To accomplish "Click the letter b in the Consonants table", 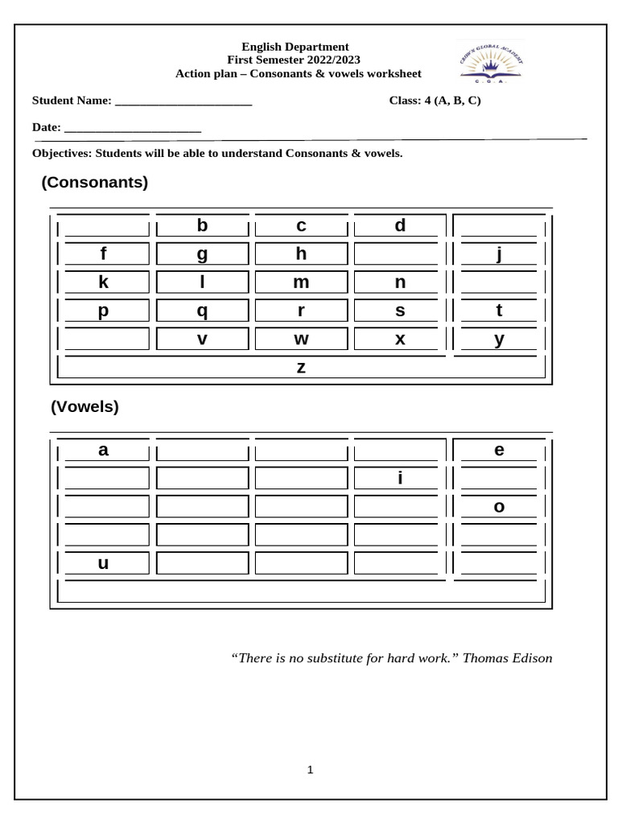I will [x=202, y=226].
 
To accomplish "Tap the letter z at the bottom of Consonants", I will [x=301, y=368].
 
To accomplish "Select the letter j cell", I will [x=499, y=254].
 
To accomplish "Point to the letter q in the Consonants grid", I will [x=202, y=311].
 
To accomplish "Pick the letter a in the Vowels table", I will [x=103, y=451].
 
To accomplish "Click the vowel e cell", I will [x=499, y=451].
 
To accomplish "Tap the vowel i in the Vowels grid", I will [x=399, y=479].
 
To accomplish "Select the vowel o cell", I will [x=499, y=507].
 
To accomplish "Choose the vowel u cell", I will [x=103, y=563].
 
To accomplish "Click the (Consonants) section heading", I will [x=95, y=183].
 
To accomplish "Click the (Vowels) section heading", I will [x=84, y=407].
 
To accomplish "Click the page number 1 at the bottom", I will [x=310, y=770].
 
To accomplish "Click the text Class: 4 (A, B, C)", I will [x=435, y=101].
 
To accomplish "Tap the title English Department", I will [x=295, y=47].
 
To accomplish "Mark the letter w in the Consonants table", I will [x=301, y=340].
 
